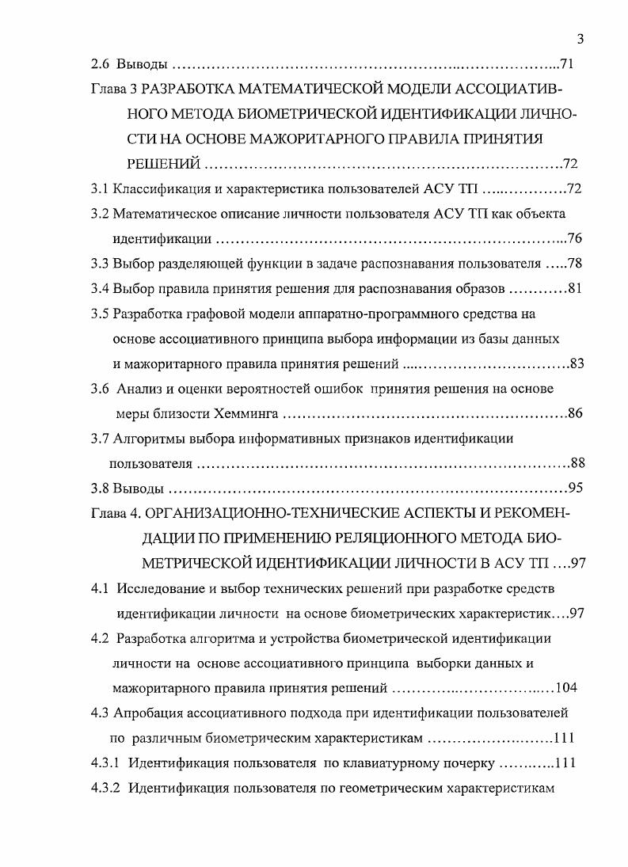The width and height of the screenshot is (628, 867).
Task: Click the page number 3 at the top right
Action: pyautogui.click(x=580, y=39)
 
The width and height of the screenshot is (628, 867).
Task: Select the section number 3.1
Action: pyautogui.click(x=100, y=190)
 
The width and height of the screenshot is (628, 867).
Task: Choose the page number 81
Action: pyautogui.click(x=576, y=287)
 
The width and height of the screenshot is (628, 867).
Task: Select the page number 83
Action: pyautogui.click(x=577, y=363)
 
